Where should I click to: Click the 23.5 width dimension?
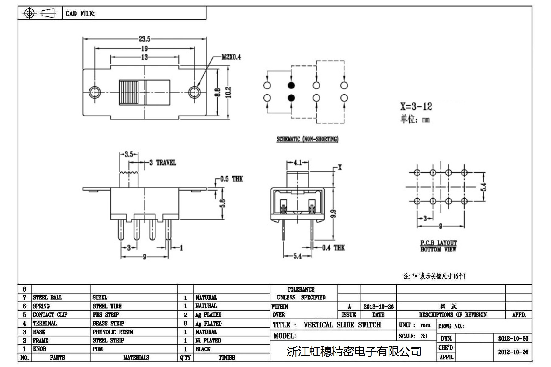(145, 39)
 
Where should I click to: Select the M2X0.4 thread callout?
(231, 57)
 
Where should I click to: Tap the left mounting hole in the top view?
(95, 92)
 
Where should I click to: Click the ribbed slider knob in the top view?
(129, 92)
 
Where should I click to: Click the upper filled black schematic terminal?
(291, 85)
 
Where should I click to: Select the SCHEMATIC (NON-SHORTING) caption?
(307, 139)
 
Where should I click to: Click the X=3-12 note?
(416, 106)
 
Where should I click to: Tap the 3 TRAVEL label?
(163, 163)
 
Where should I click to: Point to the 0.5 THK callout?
(232, 179)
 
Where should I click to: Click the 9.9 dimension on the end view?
(333, 214)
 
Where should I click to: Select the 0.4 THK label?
(333, 248)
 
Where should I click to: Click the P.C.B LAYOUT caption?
(438, 243)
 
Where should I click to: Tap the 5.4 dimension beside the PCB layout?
(483, 187)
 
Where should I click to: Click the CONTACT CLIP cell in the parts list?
(50, 315)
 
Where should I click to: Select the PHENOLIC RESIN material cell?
(113, 332)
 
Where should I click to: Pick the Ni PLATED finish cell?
(208, 341)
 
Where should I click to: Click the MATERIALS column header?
(136, 358)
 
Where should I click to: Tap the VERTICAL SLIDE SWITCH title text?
(342, 325)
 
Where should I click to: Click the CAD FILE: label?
(80, 14)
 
